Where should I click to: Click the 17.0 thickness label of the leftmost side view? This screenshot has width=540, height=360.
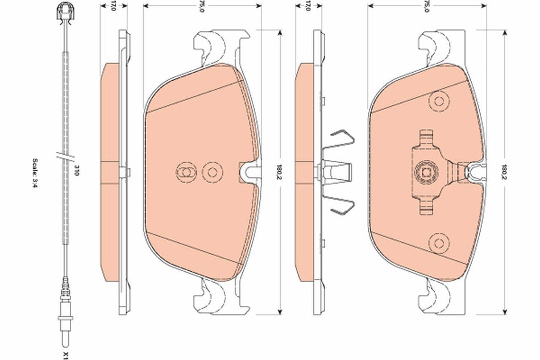113,6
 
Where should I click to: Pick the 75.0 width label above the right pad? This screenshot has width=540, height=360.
425,6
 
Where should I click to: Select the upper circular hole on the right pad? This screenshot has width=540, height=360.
438,102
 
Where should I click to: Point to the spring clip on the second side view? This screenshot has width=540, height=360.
340,171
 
